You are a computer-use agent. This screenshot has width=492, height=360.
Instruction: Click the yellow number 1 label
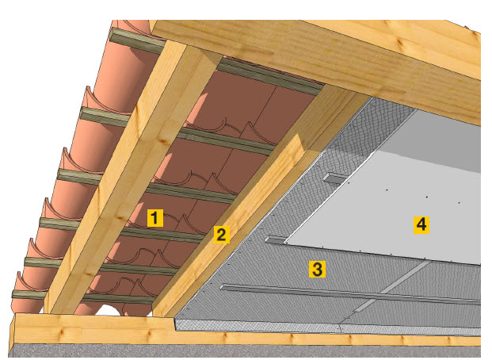point(155,218)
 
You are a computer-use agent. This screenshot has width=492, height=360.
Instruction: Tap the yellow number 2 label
point(222,235)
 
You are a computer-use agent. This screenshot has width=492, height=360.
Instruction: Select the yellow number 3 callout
point(317,270)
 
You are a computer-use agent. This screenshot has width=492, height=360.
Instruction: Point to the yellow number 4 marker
point(421,224)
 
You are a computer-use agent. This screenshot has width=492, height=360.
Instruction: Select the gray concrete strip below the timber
point(245,351)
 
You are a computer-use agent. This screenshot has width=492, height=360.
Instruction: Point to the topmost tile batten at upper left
point(137,41)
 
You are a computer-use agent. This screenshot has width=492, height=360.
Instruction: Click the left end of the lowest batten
point(13,294)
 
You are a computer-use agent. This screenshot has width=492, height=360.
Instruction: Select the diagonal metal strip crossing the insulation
point(392,286)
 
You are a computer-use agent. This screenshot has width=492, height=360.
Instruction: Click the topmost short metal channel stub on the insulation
point(336,178)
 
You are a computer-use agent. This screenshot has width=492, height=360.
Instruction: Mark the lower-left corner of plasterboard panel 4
point(284,243)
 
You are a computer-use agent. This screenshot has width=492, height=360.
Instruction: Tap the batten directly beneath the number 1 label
point(163,233)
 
